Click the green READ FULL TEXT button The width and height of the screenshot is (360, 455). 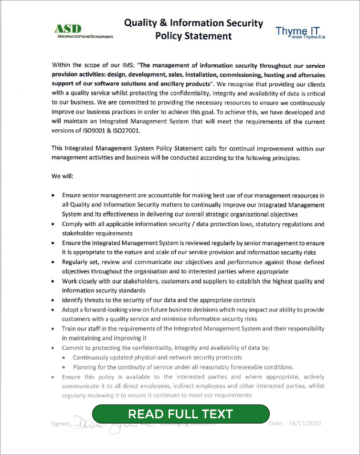click(180, 414)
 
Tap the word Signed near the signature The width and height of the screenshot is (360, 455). click(60, 423)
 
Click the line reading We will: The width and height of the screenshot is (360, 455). click(62, 176)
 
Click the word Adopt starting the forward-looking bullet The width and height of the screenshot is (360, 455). click(71, 310)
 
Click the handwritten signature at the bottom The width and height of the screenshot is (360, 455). click(110, 424)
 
